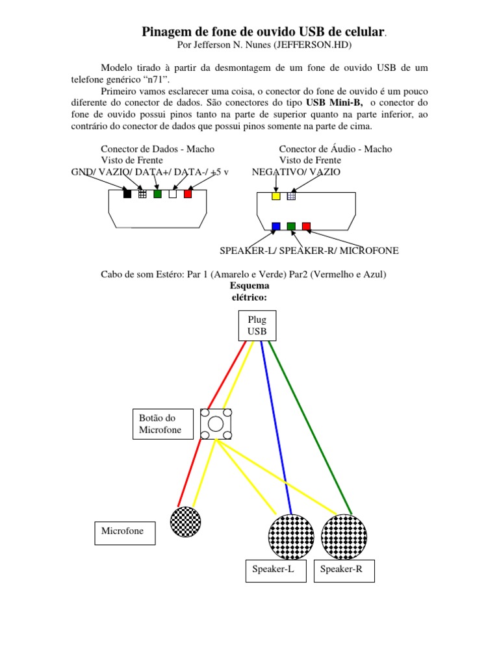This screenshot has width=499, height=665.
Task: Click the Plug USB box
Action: click(x=257, y=325)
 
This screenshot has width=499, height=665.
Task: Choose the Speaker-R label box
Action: click(x=344, y=570)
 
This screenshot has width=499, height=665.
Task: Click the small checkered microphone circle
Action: click(x=185, y=522)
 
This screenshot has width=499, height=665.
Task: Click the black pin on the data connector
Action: click(x=127, y=194)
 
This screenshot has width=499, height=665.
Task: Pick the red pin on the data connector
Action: click(x=188, y=194)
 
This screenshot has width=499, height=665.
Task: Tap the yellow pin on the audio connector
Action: click(x=276, y=195)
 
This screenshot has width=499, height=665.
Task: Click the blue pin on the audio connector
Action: click(x=276, y=227)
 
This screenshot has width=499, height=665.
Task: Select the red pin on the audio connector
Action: click(x=306, y=227)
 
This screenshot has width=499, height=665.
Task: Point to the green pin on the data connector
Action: click(x=157, y=194)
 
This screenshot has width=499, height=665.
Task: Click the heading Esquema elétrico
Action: click(x=249, y=291)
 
